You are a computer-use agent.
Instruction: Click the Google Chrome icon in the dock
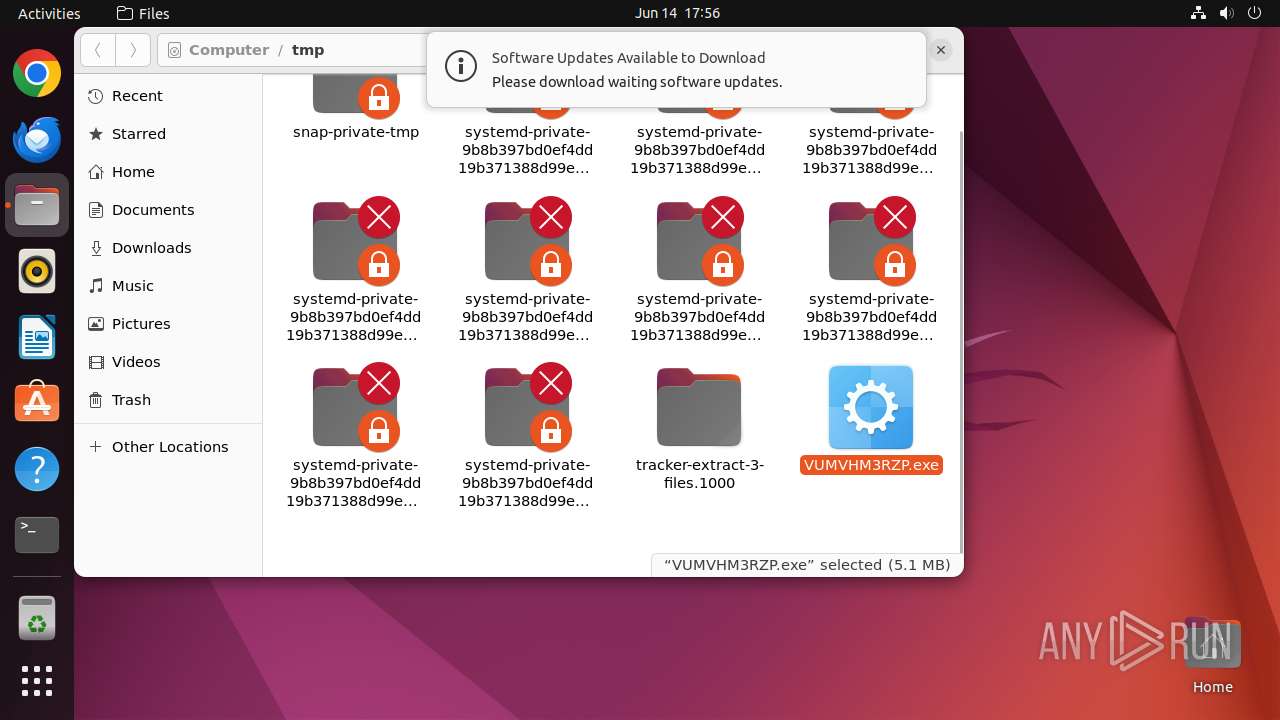[37, 74]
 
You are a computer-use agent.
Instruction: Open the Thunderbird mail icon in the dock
[37, 140]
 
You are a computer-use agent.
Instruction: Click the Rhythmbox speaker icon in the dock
[37, 271]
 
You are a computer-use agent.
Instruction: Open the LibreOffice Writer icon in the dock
[37, 337]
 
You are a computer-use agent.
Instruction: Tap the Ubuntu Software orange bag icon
[37, 403]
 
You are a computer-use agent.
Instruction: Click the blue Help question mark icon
[37, 469]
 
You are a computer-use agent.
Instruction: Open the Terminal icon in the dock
[37, 535]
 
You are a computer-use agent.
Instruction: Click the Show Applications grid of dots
[37, 681]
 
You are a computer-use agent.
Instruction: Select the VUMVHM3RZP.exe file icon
[871, 407]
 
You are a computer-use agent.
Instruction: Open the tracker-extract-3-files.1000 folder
[699, 407]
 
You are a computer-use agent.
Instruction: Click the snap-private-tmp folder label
[356, 132]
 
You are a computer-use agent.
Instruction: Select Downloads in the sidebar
[151, 248]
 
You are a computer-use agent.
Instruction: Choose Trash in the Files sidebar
[131, 400]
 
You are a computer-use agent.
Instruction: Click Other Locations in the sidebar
[170, 447]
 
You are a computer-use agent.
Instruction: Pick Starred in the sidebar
[138, 134]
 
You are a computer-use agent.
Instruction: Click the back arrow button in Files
[98, 50]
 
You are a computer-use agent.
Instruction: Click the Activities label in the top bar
[49, 13]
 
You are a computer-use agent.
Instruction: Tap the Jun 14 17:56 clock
[677, 13]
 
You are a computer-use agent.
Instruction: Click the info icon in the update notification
[461, 67]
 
